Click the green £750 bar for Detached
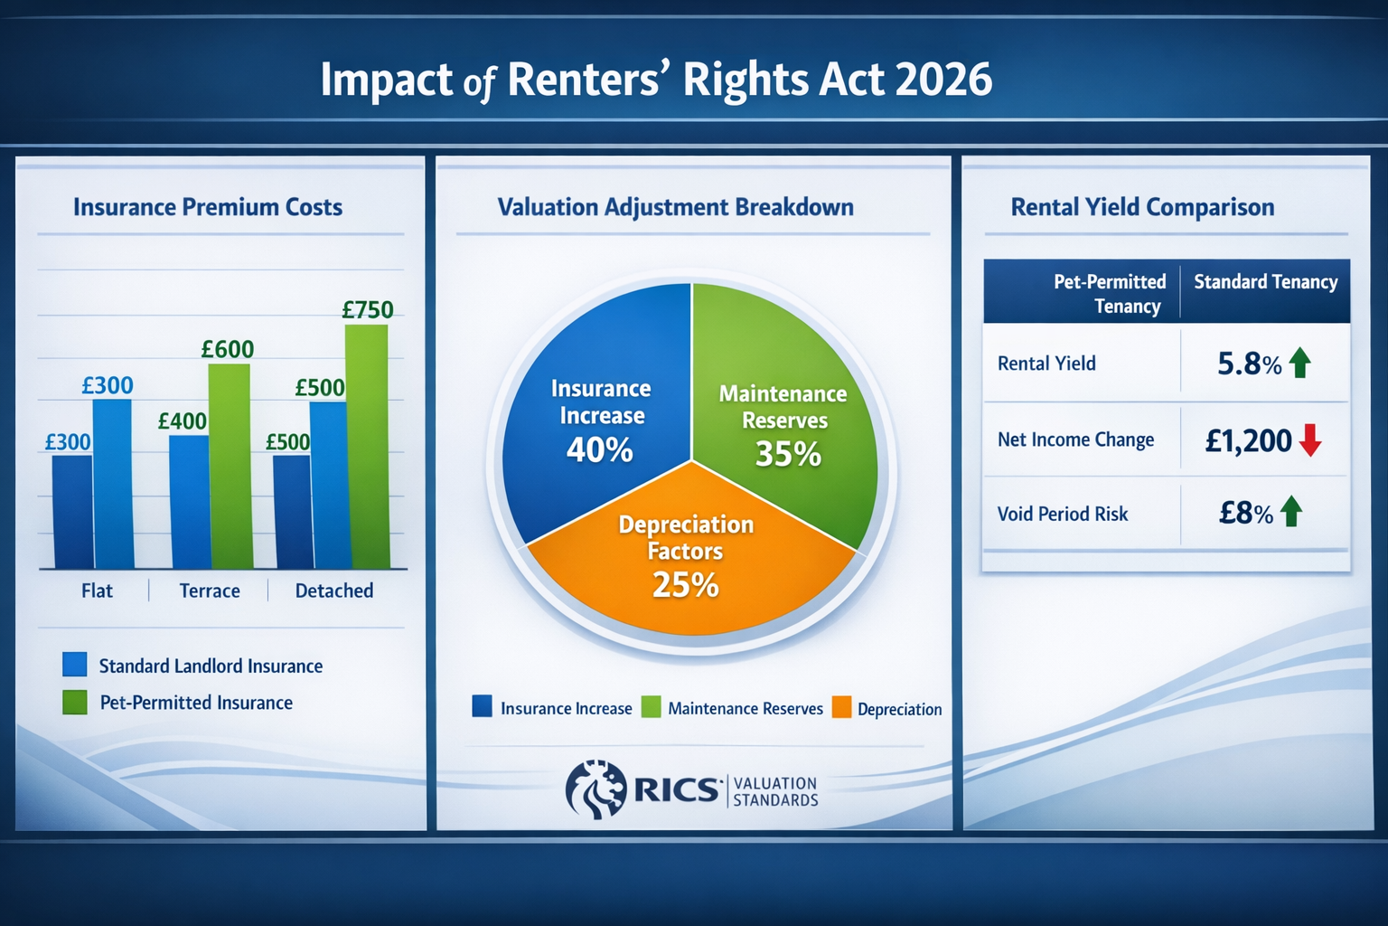[x=367, y=448]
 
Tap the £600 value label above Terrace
[x=228, y=349]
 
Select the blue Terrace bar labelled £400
[x=189, y=502]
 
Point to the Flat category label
[x=97, y=591]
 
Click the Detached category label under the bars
[x=334, y=591]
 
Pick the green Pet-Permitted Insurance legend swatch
[x=75, y=703]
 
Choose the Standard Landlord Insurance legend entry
[x=210, y=666]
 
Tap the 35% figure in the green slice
[x=788, y=454]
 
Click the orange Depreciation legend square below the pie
[x=841, y=708]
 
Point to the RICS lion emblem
[x=596, y=789]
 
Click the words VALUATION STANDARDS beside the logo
[x=775, y=791]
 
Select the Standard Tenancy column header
[x=1265, y=282]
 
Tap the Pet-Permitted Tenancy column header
[x=1111, y=293]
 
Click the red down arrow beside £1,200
[x=1310, y=440]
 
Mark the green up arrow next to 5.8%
[x=1300, y=363]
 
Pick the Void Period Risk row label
[x=1063, y=514]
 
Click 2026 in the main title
[x=943, y=80]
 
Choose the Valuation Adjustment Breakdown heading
[x=675, y=207]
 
